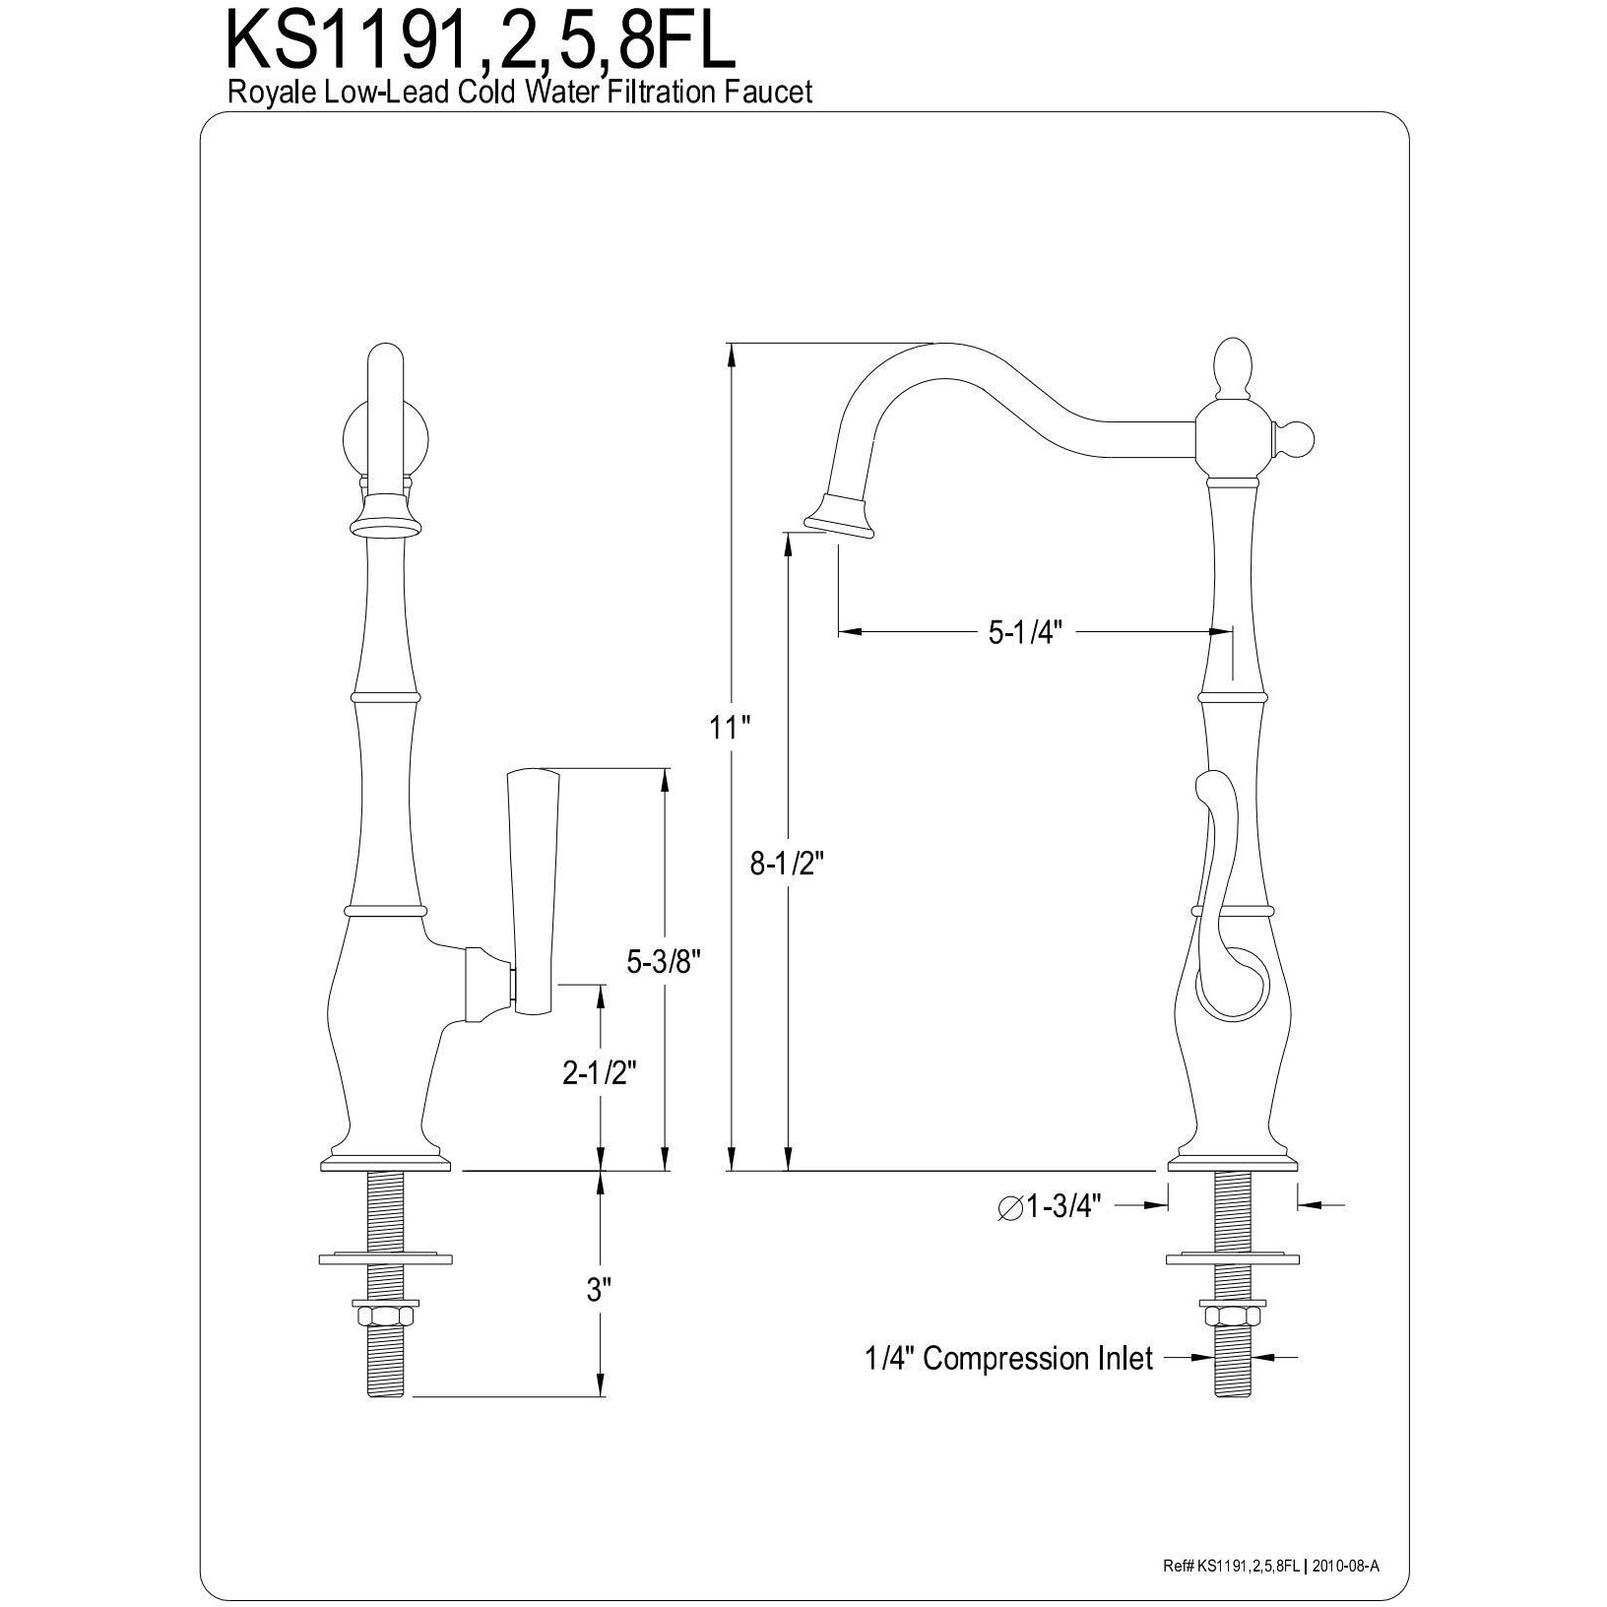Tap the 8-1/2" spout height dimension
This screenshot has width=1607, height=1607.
coord(786,864)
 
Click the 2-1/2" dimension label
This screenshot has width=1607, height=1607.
coord(598,1072)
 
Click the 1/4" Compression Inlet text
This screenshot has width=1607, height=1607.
coord(1008,1359)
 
